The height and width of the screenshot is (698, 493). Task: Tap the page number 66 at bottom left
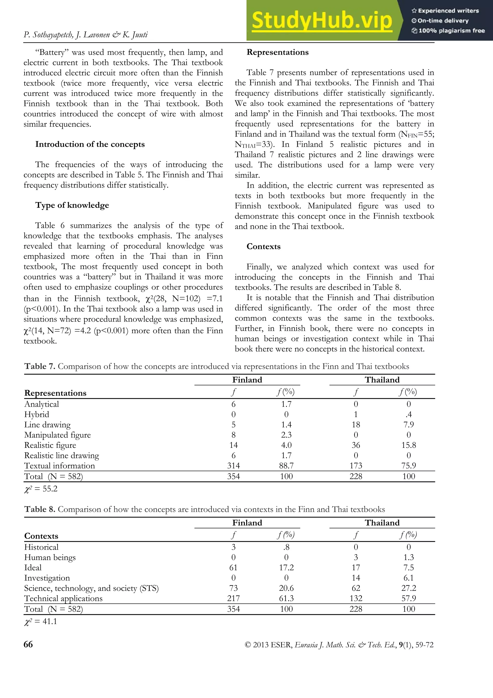point(28,644)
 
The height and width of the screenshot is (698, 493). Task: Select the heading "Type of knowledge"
point(72,205)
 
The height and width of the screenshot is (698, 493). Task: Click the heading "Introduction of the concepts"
point(90,144)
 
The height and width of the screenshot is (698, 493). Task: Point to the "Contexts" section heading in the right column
point(263,246)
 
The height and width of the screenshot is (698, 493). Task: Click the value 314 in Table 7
point(233,466)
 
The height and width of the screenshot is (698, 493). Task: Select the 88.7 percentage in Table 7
point(286,466)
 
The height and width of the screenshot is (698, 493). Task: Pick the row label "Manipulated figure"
point(57,435)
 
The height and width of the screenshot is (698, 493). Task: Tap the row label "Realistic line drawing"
point(62,455)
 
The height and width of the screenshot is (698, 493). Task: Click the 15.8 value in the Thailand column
point(409,445)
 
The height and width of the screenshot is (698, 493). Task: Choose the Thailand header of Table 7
point(382,380)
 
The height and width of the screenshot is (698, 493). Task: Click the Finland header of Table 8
point(247,523)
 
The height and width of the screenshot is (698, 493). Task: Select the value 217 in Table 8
point(233,598)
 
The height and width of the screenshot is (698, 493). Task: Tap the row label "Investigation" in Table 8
point(47,578)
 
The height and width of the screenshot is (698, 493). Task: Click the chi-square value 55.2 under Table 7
point(41,489)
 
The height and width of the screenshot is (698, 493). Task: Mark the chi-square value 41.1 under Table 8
point(41,621)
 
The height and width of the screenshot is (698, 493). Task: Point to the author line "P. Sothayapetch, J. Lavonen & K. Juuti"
point(86,35)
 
